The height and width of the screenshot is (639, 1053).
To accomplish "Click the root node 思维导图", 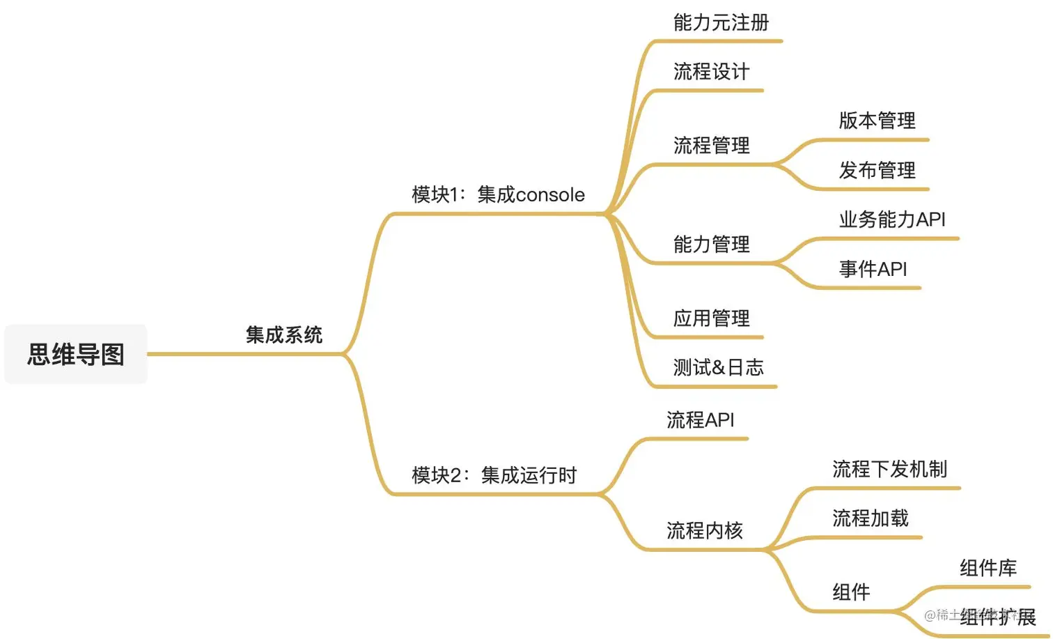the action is [x=76, y=354].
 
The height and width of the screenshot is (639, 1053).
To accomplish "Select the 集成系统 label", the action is [x=284, y=335].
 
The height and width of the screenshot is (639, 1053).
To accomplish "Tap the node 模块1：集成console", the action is [x=498, y=195].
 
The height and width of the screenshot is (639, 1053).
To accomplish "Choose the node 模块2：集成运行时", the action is [x=494, y=475].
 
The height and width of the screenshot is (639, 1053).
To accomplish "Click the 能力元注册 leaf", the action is [x=721, y=23].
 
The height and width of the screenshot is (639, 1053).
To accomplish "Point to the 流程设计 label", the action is [x=711, y=72].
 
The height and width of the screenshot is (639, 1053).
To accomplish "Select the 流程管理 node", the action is [x=711, y=146].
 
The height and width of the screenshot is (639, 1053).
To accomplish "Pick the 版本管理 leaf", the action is [x=877, y=121].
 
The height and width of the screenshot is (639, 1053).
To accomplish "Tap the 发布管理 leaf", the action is [x=877, y=170].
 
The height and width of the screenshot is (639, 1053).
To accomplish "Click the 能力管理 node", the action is [x=711, y=245].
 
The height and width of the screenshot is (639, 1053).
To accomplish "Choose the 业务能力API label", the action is [x=891, y=220].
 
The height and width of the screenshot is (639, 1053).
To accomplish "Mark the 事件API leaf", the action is [x=873, y=269].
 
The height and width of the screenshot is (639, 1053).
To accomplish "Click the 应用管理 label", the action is [x=711, y=318].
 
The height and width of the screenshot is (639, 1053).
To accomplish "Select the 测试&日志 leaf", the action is [x=718, y=367].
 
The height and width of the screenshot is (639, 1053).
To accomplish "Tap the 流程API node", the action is [x=700, y=420].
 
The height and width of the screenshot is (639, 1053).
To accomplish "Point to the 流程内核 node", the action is [x=704, y=531].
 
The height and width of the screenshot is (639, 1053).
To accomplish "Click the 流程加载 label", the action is [x=871, y=518].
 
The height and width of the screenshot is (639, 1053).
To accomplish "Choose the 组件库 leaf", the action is [x=988, y=568].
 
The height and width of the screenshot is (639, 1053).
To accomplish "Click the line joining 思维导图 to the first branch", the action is [x=195, y=354].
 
